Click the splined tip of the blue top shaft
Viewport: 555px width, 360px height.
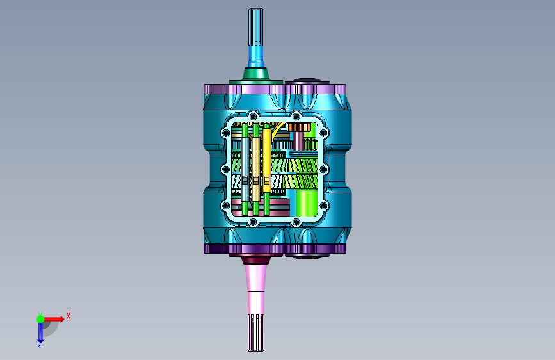pos(255,28)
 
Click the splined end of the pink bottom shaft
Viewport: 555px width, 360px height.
pos(256,332)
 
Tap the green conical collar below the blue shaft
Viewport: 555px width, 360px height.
pos(255,74)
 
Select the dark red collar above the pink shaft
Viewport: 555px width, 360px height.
pos(255,260)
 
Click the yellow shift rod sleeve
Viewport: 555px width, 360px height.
pos(266,161)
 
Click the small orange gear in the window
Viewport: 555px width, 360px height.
pos(299,127)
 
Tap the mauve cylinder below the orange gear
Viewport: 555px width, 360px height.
pos(299,141)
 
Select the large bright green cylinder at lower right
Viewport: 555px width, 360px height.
pos(306,203)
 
